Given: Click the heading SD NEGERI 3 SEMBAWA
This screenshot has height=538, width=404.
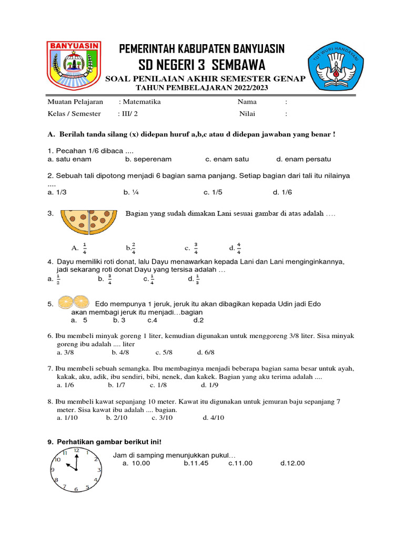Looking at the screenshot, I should coord(203,65).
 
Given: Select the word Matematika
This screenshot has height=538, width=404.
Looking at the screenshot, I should coord(142,102).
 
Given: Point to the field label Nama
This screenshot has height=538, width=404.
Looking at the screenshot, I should coord(247,102).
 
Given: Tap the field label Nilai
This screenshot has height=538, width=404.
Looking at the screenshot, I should coord(247,113).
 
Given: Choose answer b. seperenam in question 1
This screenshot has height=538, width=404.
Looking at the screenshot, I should coord(148,159).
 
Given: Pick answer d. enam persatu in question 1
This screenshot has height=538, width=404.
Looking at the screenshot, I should coord(304,159).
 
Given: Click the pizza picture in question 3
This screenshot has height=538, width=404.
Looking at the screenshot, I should coord(89,221).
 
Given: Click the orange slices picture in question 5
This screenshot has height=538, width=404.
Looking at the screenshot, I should coord(73,302).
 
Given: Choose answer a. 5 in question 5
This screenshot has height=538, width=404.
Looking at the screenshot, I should coord(79,320).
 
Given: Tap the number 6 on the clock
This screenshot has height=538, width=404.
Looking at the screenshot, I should coord(76,489).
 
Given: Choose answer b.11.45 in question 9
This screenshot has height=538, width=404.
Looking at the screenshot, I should coord(196,463).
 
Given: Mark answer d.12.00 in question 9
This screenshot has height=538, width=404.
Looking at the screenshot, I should coord(292,463).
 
